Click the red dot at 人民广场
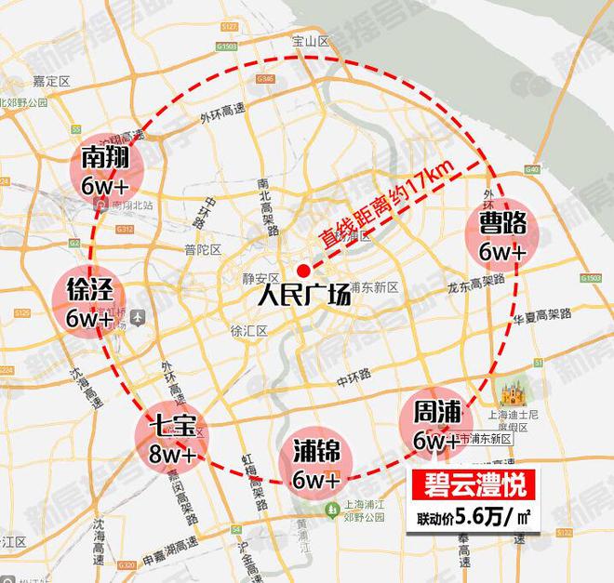[302, 271]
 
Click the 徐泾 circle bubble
[90, 302]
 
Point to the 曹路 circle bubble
[503, 235]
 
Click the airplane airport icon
[139, 316]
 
